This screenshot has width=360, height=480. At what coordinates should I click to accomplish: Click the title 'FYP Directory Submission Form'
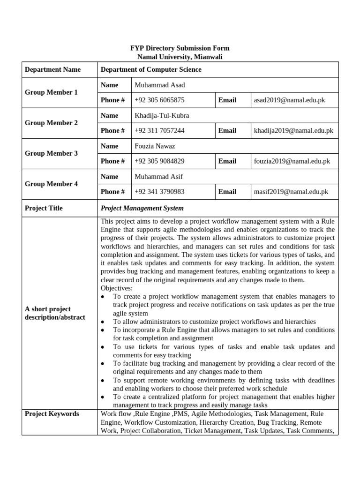point(180,48)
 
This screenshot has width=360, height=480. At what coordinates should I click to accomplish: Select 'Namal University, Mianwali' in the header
point(180,57)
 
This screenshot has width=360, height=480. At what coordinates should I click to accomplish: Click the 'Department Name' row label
point(52,69)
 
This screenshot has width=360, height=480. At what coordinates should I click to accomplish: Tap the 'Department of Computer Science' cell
point(151,69)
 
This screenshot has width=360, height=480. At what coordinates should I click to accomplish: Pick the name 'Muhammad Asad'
point(159,85)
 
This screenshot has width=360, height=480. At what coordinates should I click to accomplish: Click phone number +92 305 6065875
point(159,100)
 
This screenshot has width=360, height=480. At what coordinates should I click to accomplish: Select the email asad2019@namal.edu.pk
point(289,100)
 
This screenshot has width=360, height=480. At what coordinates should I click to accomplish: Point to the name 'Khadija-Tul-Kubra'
point(162,115)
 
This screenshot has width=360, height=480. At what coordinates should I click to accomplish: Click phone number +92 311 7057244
point(159,131)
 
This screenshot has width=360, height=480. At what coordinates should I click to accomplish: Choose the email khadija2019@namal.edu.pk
point(293,131)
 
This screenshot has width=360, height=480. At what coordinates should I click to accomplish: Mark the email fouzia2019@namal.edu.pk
point(292,161)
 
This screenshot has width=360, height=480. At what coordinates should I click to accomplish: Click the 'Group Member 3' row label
point(51,153)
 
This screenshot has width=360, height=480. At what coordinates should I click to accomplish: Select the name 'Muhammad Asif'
point(158,176)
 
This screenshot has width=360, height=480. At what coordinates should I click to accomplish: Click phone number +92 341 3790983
point(159,192)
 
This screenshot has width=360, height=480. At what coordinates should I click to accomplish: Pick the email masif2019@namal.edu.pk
point(291,192)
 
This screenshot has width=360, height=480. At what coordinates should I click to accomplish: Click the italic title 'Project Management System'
point(142,208)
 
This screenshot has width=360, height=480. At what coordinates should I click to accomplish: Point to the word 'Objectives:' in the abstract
point(117,288)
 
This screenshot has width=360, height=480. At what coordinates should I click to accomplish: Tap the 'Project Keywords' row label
point(52,414)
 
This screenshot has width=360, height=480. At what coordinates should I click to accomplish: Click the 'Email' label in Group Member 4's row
point(227,192)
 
